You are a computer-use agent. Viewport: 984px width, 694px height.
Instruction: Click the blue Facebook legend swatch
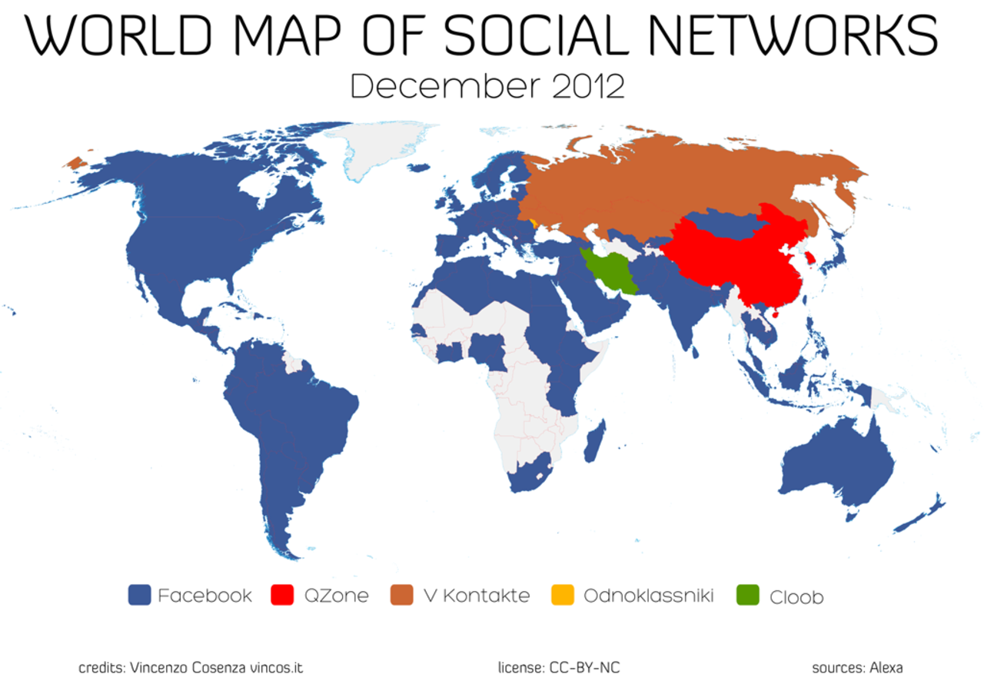(x=139, y=595)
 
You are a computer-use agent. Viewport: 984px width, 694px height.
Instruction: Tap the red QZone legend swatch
(x=284, y=595)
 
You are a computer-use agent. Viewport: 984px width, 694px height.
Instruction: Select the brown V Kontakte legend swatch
(x=402, y=595)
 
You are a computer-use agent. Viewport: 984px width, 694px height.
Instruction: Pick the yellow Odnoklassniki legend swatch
(x=563, y=595)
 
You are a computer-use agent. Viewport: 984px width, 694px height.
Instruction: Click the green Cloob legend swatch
(x=747, y=595)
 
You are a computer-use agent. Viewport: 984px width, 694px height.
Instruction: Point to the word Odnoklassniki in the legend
(x=648, y=596)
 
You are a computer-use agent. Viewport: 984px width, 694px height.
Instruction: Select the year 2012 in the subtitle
(x=588, y=86)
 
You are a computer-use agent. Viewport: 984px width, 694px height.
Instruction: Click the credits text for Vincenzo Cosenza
(x=191, y=668)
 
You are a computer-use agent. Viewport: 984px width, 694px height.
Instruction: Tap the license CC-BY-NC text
(x=558, y=668)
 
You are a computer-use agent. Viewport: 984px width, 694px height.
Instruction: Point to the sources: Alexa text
(x=857, y=668)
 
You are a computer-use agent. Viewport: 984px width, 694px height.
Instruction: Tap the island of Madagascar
(x=594, y=441)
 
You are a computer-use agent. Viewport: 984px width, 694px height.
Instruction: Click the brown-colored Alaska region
(x=75, y=162)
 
